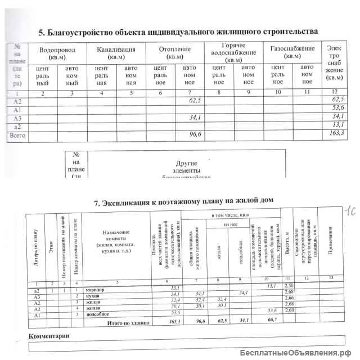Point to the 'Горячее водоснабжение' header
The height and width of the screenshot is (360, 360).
(x=231, y=52)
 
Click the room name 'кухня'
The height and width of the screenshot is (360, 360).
(x=92, y=294)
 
